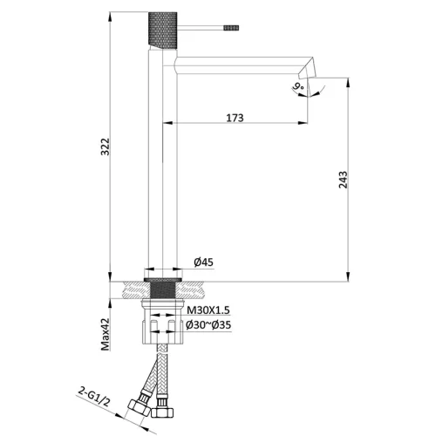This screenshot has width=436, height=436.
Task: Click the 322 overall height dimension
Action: (106, 146)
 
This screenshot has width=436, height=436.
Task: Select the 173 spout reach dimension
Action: (235, 118)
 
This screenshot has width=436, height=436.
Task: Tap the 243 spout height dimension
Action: (344, 180)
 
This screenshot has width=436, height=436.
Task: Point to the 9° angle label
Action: (298, 86)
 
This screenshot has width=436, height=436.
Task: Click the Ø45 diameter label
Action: (203, 262)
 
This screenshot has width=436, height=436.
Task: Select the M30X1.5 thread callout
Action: (208, 310)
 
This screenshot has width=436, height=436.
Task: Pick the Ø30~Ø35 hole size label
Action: (208, 324)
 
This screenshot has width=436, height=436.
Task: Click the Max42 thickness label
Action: (106, 334)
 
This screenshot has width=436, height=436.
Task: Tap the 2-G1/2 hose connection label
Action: (94, 398)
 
